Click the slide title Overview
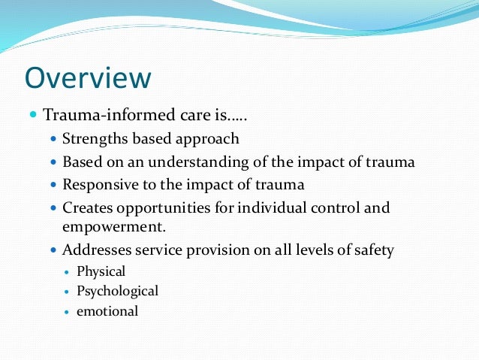[88, 77]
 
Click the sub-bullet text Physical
[101, 271]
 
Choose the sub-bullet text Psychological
[118, 291]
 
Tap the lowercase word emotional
[107, 310]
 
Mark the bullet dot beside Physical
[68, 271]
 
